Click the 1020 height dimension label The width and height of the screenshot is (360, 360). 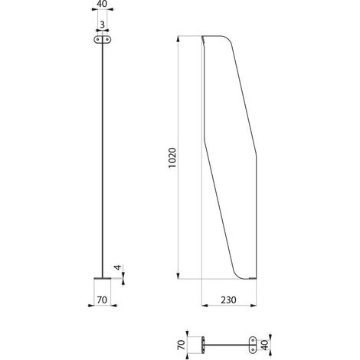172,158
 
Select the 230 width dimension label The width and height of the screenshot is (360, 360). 228,300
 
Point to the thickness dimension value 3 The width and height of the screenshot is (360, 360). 102,25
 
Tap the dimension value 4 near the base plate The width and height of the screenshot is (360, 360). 118,267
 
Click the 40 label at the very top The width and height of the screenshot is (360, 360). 102,4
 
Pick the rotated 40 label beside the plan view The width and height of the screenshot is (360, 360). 265,345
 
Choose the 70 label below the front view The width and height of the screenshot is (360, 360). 102,300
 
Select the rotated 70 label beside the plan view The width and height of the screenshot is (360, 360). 181,345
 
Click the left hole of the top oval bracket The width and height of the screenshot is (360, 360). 98,40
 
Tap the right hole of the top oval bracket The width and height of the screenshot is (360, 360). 107,40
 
